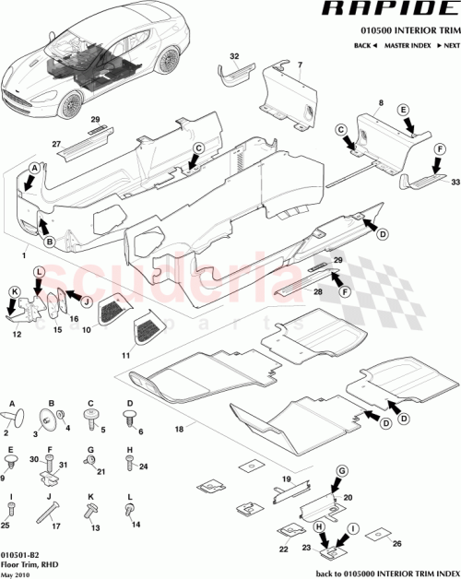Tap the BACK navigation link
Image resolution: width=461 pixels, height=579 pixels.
tap(363, 44)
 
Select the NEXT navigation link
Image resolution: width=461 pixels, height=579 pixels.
tap(448, 44)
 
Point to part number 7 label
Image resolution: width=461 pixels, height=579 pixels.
tap(299, 65)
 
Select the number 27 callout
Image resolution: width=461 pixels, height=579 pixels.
tap(56, 144)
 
